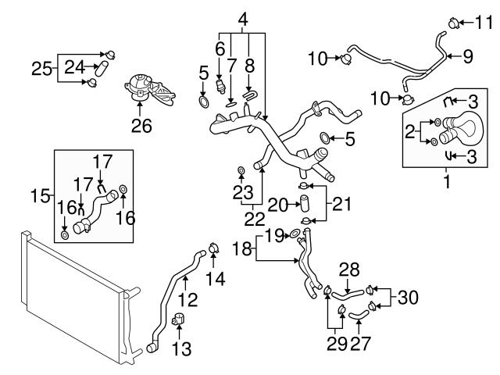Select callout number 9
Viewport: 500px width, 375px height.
tap(468, 55)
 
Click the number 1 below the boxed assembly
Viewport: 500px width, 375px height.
tap(448, 184)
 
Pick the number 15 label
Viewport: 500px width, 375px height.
tap(41, 193)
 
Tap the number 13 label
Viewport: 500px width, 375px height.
tap(180, 348)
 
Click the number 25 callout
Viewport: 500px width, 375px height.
tap(43, 68)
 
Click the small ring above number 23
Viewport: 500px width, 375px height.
tap(241, 171)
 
